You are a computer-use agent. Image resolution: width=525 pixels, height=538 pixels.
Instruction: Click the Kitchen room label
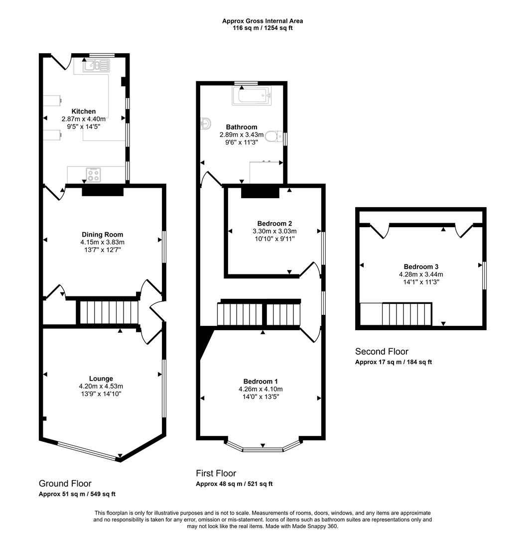coord(83,112)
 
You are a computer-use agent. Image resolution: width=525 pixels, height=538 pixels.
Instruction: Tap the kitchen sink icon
coord(96,65)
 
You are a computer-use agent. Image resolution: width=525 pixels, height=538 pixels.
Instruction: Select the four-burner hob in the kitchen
coord(93,174)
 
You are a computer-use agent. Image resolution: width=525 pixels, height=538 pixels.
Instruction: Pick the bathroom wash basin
coord(206,124)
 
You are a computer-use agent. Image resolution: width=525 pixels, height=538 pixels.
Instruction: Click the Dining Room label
coord(102,235)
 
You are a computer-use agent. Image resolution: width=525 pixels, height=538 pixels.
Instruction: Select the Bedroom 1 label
coord(258,382)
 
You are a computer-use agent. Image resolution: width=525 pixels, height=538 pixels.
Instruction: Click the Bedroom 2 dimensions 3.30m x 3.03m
coord(275,231)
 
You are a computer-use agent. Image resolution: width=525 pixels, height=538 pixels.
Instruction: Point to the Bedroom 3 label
coord(421,267)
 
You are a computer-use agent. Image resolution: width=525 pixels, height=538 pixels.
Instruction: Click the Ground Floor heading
coord(65,484)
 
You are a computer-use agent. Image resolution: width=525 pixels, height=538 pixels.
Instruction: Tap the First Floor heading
coord(216,473)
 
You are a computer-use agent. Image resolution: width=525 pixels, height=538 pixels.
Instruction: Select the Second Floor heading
coord(382,352)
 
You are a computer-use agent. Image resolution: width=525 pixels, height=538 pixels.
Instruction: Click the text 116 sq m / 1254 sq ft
coord(262,28)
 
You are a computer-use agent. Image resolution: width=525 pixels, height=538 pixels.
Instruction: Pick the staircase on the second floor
coord(406,314)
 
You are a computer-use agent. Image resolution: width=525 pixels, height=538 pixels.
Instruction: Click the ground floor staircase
coord(108,312)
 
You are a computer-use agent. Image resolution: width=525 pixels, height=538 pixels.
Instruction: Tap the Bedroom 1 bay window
coord(262,447)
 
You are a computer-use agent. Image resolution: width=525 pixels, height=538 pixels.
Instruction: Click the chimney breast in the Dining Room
coord(103,190)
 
